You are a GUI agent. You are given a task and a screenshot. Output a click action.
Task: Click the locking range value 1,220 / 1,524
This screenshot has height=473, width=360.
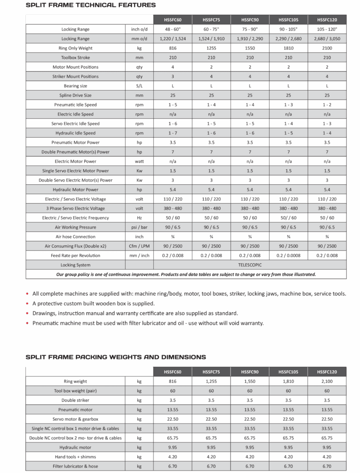173,39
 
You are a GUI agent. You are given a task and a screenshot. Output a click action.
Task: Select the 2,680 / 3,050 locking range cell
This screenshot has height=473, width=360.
327,39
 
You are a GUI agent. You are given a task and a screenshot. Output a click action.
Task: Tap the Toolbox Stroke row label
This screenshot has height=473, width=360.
75,58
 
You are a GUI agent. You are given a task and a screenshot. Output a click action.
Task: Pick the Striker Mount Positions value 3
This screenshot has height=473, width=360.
173,77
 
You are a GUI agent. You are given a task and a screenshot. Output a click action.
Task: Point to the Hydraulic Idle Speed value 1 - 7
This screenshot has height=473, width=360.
173,133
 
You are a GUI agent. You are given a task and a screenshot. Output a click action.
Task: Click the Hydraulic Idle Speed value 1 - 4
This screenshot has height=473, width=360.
327,133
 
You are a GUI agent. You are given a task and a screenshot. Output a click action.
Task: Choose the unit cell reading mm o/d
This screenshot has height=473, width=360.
139,39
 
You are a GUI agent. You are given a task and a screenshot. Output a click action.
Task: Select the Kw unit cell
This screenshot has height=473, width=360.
139,171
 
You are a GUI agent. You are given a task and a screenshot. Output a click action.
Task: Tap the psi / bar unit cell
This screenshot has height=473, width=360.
139,227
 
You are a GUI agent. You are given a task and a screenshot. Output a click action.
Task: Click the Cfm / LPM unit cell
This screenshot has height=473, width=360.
139,246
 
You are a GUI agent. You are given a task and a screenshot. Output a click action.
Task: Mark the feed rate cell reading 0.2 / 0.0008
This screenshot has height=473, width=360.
288,255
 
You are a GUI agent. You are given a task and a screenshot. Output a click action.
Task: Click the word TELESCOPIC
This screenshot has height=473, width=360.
250,265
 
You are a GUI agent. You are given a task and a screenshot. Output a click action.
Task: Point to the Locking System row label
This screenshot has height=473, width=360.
75,265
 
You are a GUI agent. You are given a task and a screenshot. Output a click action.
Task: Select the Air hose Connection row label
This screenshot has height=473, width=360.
75,236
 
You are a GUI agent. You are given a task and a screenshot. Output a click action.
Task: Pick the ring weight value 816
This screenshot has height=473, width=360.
173,382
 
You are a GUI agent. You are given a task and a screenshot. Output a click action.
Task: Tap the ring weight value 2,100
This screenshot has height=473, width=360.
327,382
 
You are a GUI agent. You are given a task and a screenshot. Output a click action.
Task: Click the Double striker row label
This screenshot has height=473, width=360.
75,400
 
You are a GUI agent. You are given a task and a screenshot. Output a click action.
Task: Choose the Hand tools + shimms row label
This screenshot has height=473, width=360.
75,457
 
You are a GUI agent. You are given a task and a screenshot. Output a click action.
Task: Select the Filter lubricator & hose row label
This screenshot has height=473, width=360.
75,467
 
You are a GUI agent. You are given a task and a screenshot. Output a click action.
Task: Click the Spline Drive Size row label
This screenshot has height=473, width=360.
75,96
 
